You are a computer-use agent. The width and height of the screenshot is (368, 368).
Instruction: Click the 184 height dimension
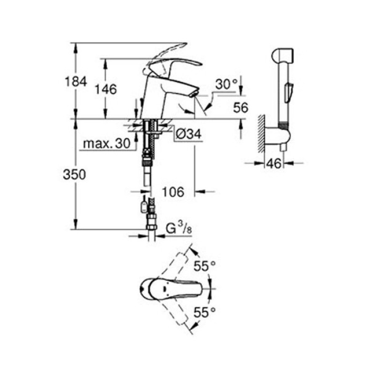tap(76, 81)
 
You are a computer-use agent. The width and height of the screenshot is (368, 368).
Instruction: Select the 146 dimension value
tap(106, 89)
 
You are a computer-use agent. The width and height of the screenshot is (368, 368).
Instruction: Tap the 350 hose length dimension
tap(74, 175)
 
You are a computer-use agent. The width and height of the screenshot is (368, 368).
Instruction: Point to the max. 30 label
tap(107, 143)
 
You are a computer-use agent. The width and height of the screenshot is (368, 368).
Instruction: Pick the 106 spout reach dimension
tap(173, 192)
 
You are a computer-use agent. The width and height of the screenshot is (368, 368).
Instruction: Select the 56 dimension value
tap(241, 108)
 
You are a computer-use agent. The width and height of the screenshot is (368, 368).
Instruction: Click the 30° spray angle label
tap(227, 84)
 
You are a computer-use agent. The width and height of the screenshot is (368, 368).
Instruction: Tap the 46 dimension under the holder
tap(274, 163)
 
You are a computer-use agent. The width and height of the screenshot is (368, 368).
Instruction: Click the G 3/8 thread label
tap(179, 228)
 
